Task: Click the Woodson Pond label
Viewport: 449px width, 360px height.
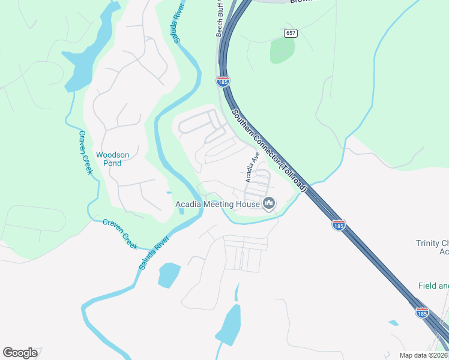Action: (112, 159)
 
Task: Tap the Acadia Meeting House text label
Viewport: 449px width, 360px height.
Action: (217, 205)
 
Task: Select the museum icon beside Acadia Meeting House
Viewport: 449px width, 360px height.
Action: (269, 205)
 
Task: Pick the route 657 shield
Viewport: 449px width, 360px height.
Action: (291, 33)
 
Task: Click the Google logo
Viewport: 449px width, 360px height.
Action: (20, 353)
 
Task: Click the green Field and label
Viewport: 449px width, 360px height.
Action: (433, 286)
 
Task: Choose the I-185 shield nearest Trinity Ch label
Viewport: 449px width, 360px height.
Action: (339, 225)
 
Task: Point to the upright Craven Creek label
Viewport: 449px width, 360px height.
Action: (86, 152)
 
